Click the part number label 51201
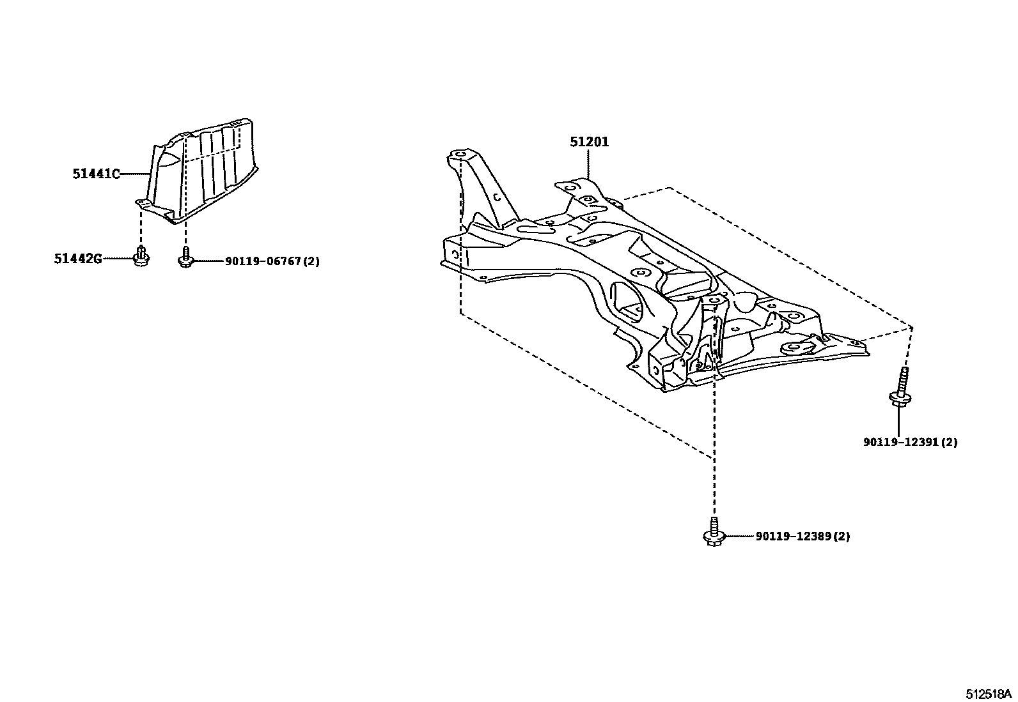tap(590, 142)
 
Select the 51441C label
tap(96, 173)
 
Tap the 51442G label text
tap(78, 259)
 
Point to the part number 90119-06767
tap(262, 261)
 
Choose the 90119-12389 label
tap(793, 537)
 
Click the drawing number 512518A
tap(988, 693)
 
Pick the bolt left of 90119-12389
tap(713, 533)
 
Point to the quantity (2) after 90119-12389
tap(843, 537)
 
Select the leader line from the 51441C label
tap(135, 173)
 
